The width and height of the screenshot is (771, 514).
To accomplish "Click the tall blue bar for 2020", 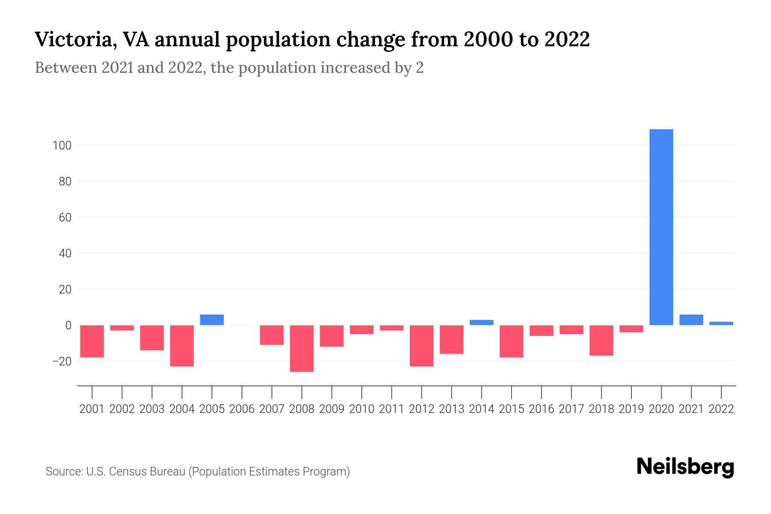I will tap(661, 227).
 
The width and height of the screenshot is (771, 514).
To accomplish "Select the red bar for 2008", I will tap(302, 348).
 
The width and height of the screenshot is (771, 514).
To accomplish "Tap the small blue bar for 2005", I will tap(212, 320).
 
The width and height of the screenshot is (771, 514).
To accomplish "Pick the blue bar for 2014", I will tap(481, 323).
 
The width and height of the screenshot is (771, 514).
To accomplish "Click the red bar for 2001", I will tap(92, 341).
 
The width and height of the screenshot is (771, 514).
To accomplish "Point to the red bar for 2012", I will tap(421, 346).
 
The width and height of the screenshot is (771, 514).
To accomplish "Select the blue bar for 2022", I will tap(721, 323).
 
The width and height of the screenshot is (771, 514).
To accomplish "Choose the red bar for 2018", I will tap(601, 340).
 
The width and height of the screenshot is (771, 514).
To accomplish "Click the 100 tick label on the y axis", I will tap(62, 146).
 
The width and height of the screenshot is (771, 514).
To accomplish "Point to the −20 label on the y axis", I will tap(62, 362).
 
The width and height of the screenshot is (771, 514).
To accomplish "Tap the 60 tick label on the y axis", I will tap(65, 218).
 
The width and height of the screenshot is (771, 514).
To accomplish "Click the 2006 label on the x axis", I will tap(242, 409).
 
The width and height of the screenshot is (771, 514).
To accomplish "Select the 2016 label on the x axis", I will tap(541, 409).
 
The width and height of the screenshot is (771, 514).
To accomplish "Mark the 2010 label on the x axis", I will tap(362, 409).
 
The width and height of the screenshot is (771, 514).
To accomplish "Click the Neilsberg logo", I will tap(685, 467).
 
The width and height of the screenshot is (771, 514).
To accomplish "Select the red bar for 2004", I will tap(182, 346).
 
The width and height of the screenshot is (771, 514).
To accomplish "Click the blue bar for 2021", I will tap(691, 320).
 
